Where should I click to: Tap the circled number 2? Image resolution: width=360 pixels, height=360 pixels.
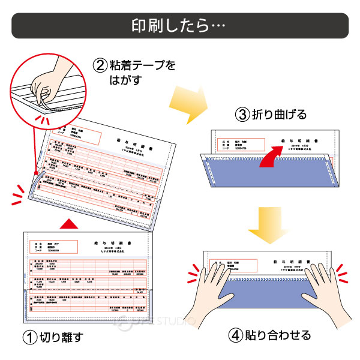[x=100, y=64]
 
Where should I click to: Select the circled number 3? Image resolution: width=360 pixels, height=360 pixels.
[x=242, y=115]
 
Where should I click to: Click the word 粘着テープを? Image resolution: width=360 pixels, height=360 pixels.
[x=142, y=64]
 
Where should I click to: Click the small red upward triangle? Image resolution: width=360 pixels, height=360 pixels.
[x=71, y=224]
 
